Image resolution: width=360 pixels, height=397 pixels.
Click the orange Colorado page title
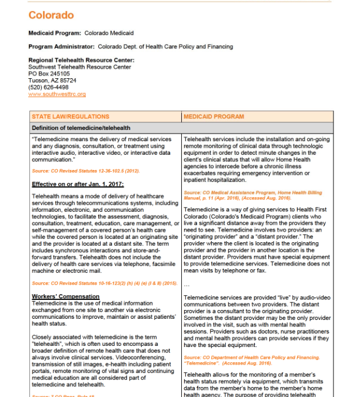[51, 15]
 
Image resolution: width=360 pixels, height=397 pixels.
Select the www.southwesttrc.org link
[57, 94]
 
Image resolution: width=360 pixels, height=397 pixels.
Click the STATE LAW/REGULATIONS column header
[71, 116]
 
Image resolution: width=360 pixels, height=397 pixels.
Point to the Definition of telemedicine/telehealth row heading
[81, 128]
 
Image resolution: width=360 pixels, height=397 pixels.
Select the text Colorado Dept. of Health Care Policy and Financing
[165, 46]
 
